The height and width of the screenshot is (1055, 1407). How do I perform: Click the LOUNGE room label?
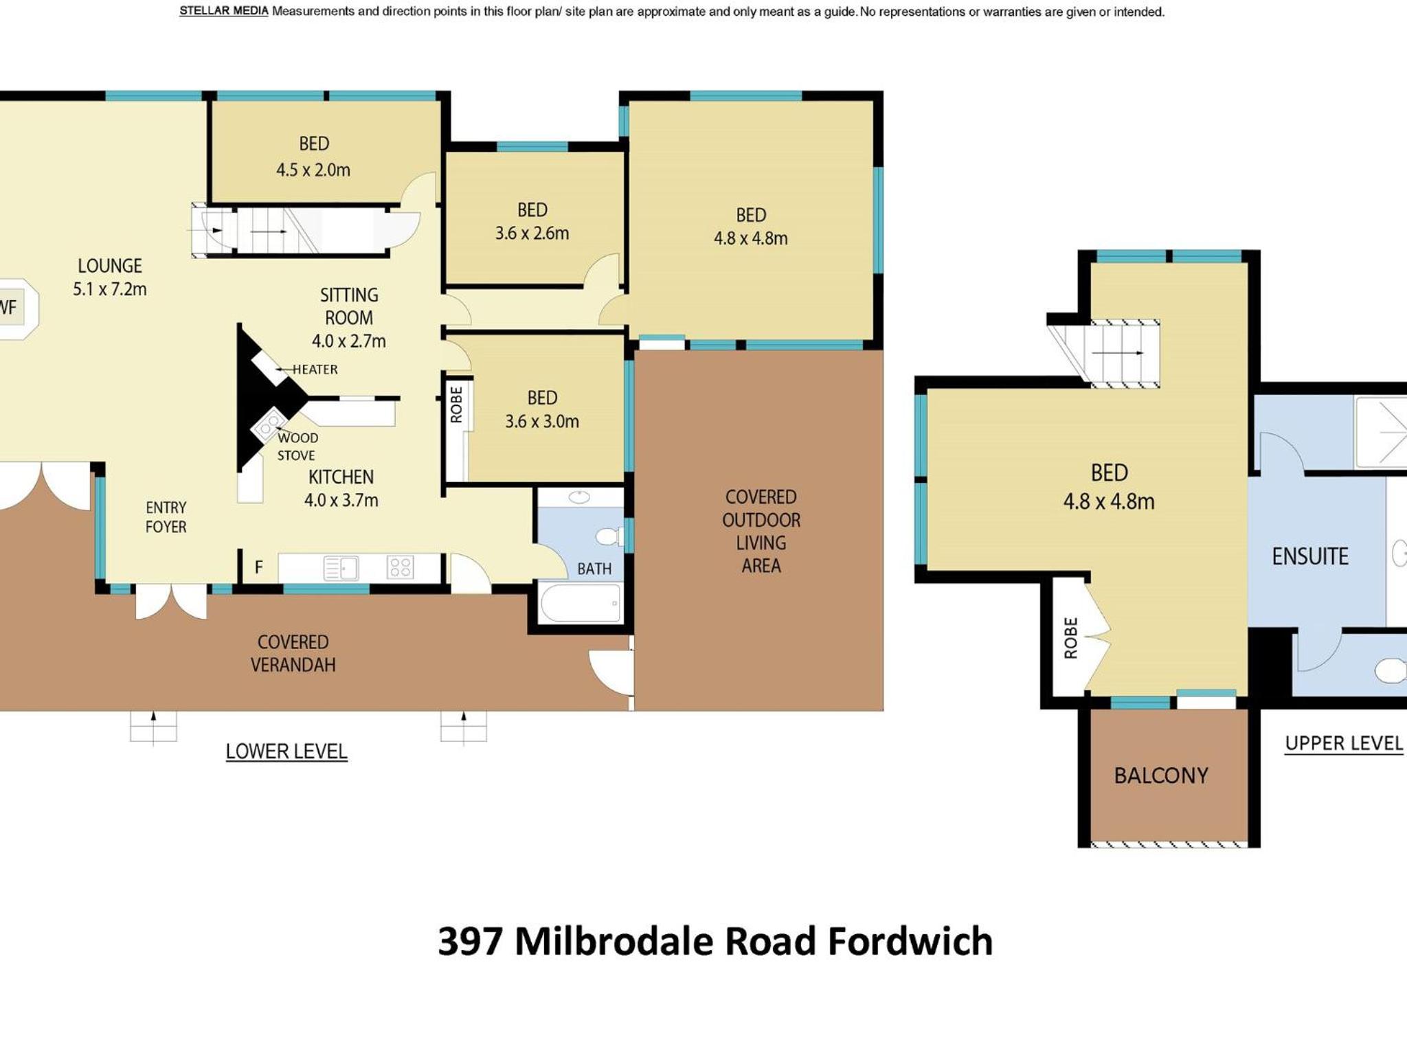tap(110, 266)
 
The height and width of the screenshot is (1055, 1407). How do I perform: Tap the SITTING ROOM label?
tap(349, 306)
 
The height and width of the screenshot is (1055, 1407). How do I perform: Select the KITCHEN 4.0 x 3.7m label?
tap(341, 488)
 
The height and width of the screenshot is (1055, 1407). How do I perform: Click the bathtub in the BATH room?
tap(581, 602)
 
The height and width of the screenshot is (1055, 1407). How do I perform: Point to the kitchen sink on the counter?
tap(341, 568)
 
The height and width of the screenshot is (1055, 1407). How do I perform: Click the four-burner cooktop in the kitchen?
tap(401, 567)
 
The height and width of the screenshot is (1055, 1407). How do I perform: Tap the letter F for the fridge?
tap(259, 567)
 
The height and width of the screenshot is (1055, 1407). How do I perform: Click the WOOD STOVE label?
tap(297, 446)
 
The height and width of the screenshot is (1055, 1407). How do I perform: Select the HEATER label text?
tap(315, 370)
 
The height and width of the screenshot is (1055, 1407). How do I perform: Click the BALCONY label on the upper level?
tap(1161, 775)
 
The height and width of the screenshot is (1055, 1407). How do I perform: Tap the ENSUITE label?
tap(1310, 556)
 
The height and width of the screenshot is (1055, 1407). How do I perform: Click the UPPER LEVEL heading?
tap(1344, 743)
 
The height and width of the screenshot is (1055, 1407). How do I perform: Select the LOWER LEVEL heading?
tap(286, 751)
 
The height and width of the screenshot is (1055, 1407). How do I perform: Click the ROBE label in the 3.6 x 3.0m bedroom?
tap(456, 404)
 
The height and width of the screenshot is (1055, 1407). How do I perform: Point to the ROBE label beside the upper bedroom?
tap(1070, 638)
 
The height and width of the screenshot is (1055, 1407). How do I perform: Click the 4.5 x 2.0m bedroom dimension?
tap(313, 170)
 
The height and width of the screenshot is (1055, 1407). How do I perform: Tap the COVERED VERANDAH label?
tap(293, 653)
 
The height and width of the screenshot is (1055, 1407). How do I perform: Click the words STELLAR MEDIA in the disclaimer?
tap(224, 11)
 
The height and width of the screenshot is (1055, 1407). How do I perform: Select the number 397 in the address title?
tap(471, 941)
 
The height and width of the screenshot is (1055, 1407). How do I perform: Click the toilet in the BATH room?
tap(608, 536)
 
